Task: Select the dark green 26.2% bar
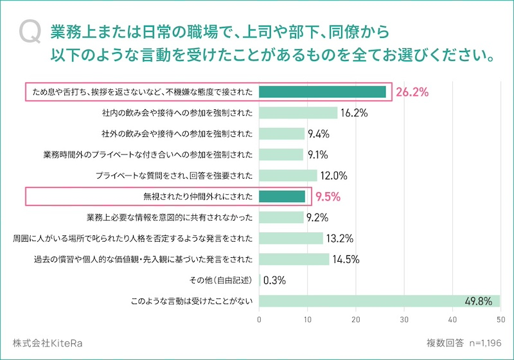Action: (322, 92)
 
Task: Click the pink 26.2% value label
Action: (412, 92)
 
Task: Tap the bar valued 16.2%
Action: (298, 113)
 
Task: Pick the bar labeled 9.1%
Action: (281, 154)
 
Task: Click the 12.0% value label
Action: (334, 175)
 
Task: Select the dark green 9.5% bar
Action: (282, 196)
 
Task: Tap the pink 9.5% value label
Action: (327, 197)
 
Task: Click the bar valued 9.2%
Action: (281, 217)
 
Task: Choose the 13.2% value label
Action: (341, 239)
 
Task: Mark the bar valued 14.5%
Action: (294, 259)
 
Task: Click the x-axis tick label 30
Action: (404, 318)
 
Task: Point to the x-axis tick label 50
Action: (500, 318)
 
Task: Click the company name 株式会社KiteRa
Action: (47, 343)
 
